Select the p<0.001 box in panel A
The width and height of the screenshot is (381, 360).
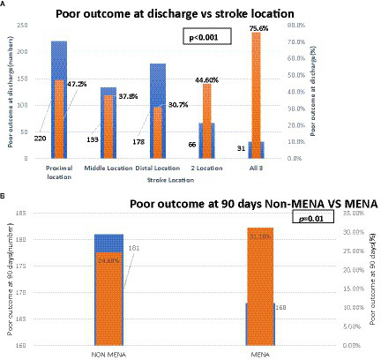(205, 37)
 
